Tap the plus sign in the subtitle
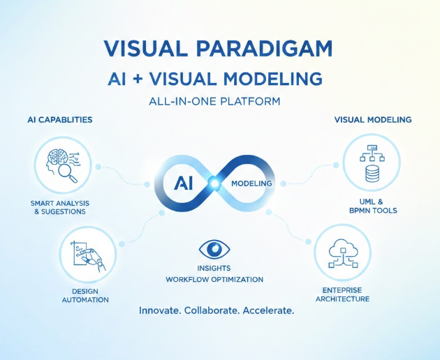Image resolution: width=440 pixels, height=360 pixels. pos(151,79)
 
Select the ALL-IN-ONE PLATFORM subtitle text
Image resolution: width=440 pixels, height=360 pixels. pos(214,101)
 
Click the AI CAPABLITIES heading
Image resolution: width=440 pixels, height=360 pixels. pos(60,120)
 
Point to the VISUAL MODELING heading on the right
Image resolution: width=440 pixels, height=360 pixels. pos(372,120)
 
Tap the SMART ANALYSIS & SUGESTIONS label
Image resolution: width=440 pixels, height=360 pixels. pos(60,207)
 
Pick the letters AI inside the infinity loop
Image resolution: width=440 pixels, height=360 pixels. pos(182,182)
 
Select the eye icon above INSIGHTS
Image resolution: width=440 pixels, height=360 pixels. pos(214,250)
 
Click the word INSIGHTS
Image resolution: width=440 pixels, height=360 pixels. pos(214,268)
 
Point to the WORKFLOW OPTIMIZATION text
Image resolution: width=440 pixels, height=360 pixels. pos(214,279)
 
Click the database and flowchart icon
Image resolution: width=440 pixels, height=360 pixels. pos(372,164)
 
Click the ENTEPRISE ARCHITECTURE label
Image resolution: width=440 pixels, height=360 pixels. pos(342,294)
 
